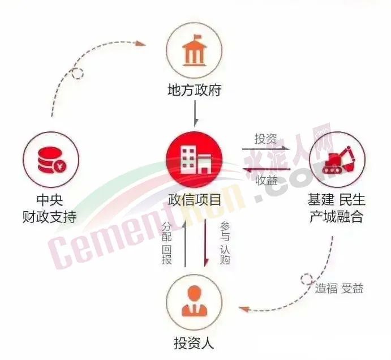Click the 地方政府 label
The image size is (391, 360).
pyautogui.click(x=195, y=90)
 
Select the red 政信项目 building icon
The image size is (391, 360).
pyautogui.click(x=195, y=160)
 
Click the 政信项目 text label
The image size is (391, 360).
pyautogui.click(x=195, y=200)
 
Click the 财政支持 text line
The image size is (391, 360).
pyautogui.click(x=50, y=216)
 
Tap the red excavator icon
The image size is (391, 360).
pyautogui.click(x=338, y=160)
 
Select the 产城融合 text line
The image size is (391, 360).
pyautogui.click(x=336, y=216)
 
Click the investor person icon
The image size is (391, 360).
pyautogui.click(x=195, y=301)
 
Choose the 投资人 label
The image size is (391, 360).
pyautogui.click(x=194, y=343)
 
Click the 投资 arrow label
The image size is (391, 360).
pyautogui.click(x=266, y=138)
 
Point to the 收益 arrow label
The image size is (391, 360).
pyautogui.click(x=267, y=180)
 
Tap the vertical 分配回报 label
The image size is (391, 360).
pyautogui.click(x=167, y=243)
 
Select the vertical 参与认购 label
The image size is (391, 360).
pyautogui.click(x=225, y=243)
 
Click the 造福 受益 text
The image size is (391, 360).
pyautogui.click(x=339, y=289)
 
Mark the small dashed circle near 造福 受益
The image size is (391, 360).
pyautogui.click(x=307, y=279)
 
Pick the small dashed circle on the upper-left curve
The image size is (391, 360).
pyautogui.click(x=78, y=74)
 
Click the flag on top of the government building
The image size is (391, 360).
pyautogui.click(x=197, y=37)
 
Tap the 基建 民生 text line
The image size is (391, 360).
pyautogui.click(x=336, y=200)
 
